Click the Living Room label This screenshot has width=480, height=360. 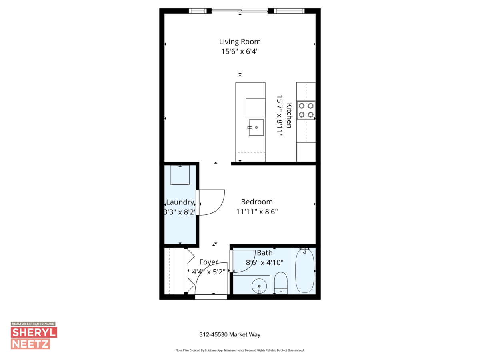(x=240, y=42)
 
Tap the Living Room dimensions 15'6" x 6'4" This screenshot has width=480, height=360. (x=240, y=52)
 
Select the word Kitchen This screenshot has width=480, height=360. (x=289, y=116)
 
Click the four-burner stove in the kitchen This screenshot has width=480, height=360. (x=306, y=110)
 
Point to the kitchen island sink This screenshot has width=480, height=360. (x=256, y=128)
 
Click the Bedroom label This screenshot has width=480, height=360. (x=257, y=202)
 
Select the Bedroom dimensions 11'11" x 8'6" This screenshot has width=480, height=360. (x=257, y=212)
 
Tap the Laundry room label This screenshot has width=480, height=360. (x=180, y=202)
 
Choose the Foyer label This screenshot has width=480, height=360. (x=209, y=262)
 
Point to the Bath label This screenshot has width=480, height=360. (x=265, y=253)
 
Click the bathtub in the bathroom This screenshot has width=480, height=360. (x=305, y=271)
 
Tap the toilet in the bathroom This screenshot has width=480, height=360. (x=281, y=282)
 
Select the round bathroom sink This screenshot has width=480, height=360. (x=260, y=286)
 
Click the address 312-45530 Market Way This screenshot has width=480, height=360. (x=230, y=335)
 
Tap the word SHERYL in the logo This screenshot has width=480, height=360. (x=34, y=332)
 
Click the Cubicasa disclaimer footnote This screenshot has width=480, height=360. (x=240, y=350)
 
